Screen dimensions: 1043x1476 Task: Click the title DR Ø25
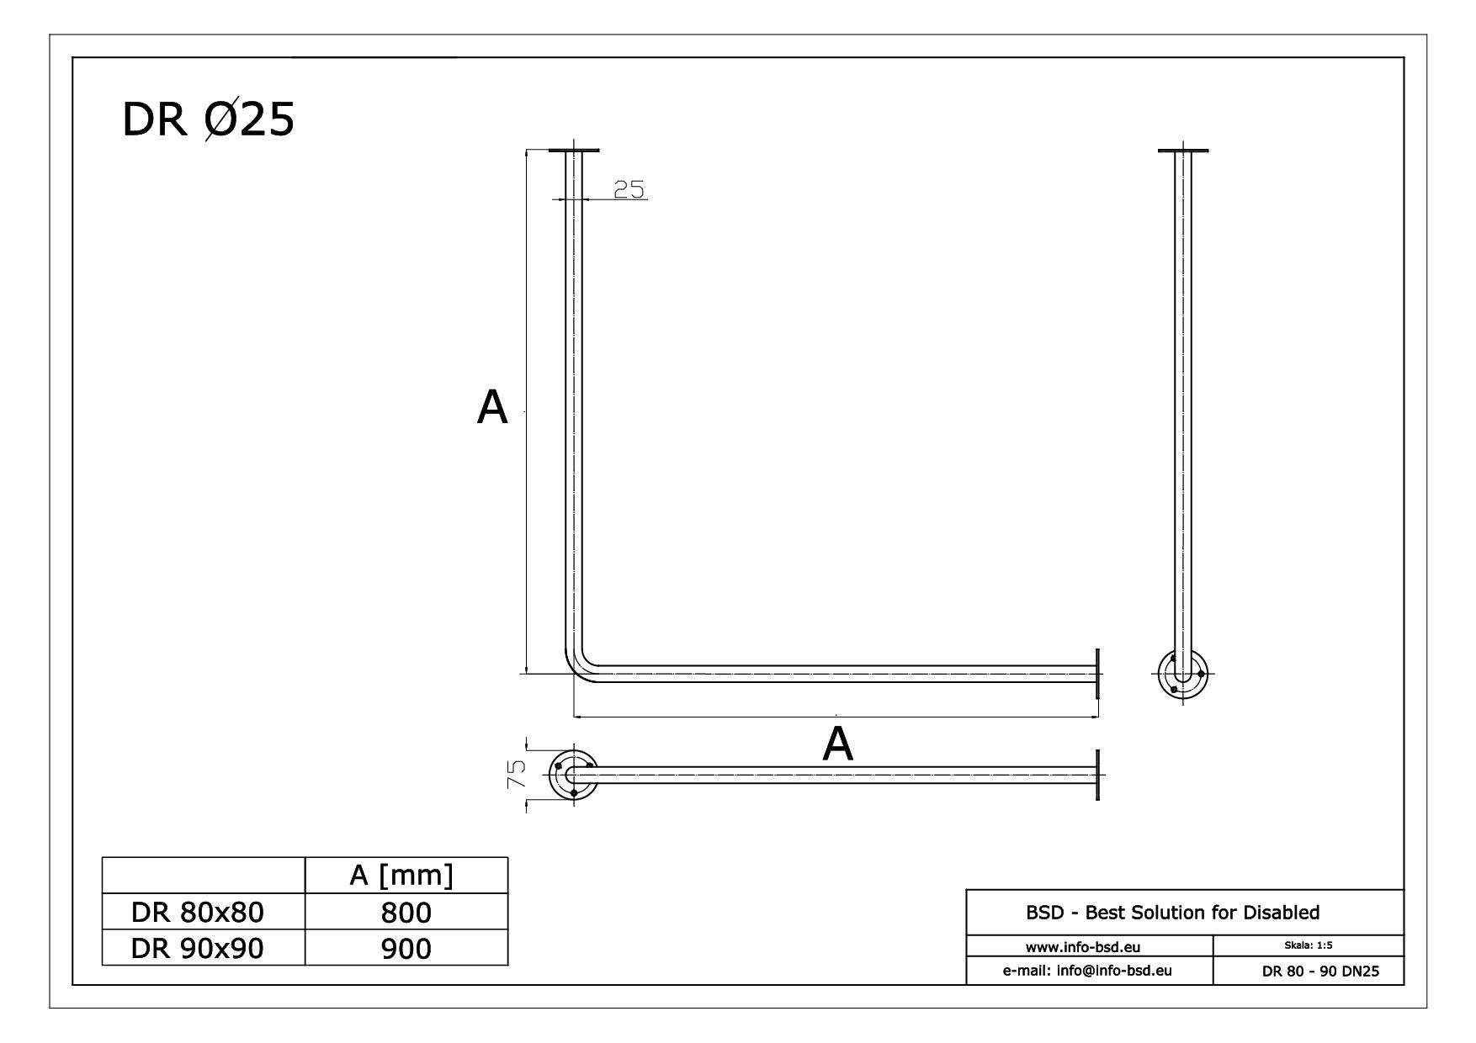[x=208, y=119]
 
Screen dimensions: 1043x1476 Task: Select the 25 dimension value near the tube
[x=629, y=190]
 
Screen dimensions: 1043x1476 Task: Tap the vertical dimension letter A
[x=492, y=408]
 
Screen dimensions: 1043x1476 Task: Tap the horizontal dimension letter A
[x=837, y=744]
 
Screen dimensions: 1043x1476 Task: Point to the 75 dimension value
[x=517, y=773]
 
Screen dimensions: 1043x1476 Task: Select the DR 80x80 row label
[x=198, y=912]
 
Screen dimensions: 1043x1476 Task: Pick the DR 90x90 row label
[x=198, y=948]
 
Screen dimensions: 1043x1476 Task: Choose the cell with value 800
[x=406, y=912]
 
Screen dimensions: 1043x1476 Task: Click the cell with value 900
[x=406, y=948]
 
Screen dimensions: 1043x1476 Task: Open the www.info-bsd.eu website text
[x=1089, y=947]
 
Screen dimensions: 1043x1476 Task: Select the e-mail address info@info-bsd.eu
[x=1088, y=971]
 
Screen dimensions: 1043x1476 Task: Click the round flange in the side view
[x=1182, y=674]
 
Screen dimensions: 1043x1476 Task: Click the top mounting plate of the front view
[x=575, y=151]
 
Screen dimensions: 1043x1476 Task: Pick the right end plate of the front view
[x=1098, y=673]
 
